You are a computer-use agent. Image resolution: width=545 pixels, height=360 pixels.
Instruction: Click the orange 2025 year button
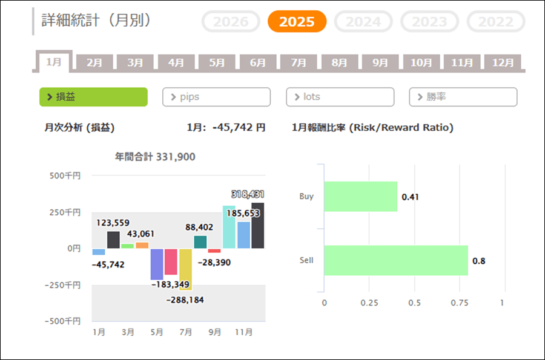297,22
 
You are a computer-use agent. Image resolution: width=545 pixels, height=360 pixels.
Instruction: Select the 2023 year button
429,22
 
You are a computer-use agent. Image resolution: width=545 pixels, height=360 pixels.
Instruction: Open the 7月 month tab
299,62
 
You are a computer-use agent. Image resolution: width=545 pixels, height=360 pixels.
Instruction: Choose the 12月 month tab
503,62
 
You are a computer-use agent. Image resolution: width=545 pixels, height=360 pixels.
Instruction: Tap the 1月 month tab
53,62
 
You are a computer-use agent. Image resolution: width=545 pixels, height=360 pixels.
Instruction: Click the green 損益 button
93,97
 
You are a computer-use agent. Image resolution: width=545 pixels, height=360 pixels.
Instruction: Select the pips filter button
216,97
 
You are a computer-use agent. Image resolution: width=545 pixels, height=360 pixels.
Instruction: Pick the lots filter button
340,97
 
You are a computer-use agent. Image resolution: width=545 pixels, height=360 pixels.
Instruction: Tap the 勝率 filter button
463,97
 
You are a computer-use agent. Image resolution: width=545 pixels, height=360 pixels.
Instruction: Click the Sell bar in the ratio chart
396,261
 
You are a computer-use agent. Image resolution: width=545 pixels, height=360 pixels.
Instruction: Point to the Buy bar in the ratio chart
360,197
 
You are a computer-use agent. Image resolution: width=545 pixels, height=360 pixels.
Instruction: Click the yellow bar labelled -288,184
185,269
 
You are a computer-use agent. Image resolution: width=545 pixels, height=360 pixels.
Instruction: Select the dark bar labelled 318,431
258,225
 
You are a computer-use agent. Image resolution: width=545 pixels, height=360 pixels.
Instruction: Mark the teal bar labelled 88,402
200,242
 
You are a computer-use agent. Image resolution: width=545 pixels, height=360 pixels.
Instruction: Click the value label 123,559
113,223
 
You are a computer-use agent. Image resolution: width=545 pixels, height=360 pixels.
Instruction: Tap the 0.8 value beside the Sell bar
479,261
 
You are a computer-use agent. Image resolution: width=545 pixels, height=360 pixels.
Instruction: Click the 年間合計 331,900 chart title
155,157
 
